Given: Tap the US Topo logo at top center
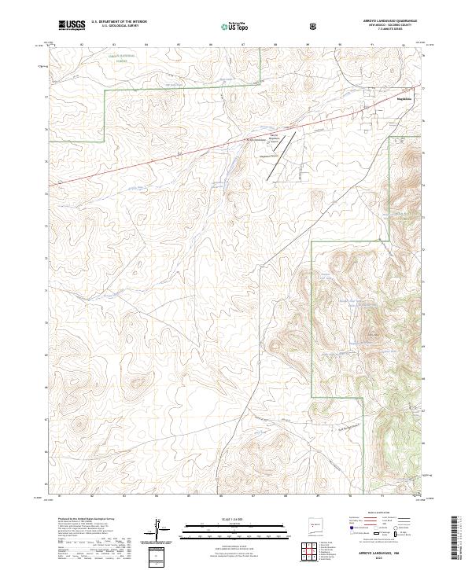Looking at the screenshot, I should [x=237, y=26].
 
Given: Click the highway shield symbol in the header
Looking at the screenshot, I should [x=315, y=26].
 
